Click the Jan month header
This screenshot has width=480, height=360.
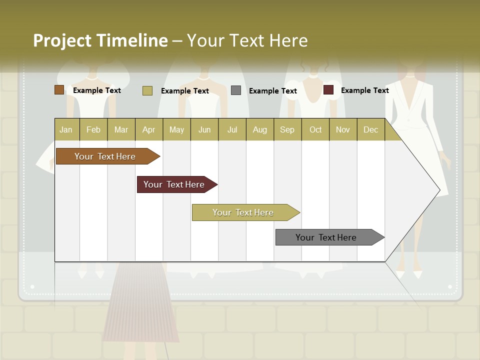coord(66,129)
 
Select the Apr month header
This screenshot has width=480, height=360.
coord(148,129)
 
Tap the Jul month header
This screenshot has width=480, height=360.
coord(232,129)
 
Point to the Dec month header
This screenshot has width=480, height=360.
coord(370,129)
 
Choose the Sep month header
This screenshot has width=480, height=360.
coord(287,129)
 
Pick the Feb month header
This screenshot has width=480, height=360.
coord(93,129)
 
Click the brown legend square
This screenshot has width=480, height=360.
coord(59,90)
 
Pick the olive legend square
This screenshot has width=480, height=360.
coord(147,90)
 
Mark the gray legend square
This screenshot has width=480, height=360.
coord(236,90)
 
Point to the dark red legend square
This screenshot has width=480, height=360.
coord(328,90)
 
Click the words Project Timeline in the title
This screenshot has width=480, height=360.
coord(100,40)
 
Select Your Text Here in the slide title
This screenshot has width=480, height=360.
coord(247,40)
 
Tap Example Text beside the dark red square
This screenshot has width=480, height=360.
coord(364,90)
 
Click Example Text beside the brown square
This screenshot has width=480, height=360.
coord(97,90)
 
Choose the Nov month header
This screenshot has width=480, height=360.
coord(342,129)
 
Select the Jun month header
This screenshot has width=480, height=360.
coord(204,129)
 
